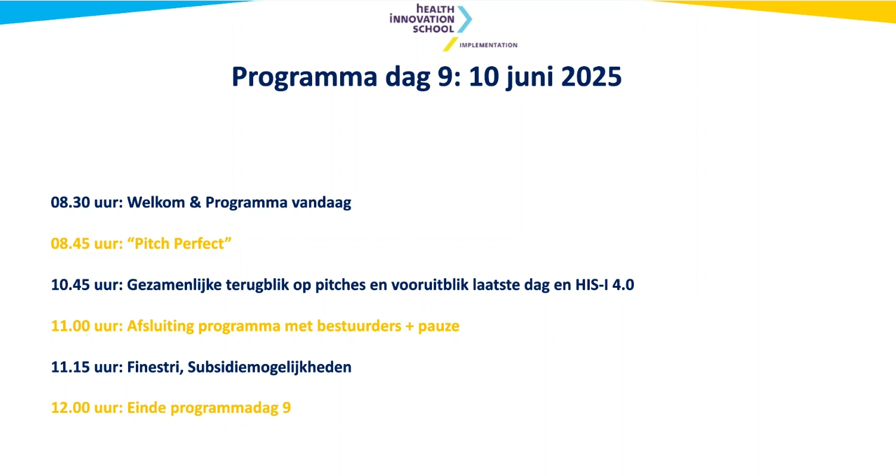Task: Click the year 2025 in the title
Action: [591, 76]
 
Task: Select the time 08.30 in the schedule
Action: [70, 203]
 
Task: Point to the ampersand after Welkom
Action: [195, 203]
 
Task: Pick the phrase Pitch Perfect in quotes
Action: [179, 243]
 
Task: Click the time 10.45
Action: [70, 285]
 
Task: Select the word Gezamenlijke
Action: [175, 285]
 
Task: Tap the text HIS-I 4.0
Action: [605, 285]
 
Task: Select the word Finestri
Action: [155, 367]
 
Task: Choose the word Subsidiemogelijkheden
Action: [270, 368]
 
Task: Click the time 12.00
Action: [70, 408]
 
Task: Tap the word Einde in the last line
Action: [147, 408]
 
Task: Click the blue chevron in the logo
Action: [465, 19]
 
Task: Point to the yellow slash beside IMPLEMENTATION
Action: [450, 44]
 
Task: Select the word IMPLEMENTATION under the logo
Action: [489, 45]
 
